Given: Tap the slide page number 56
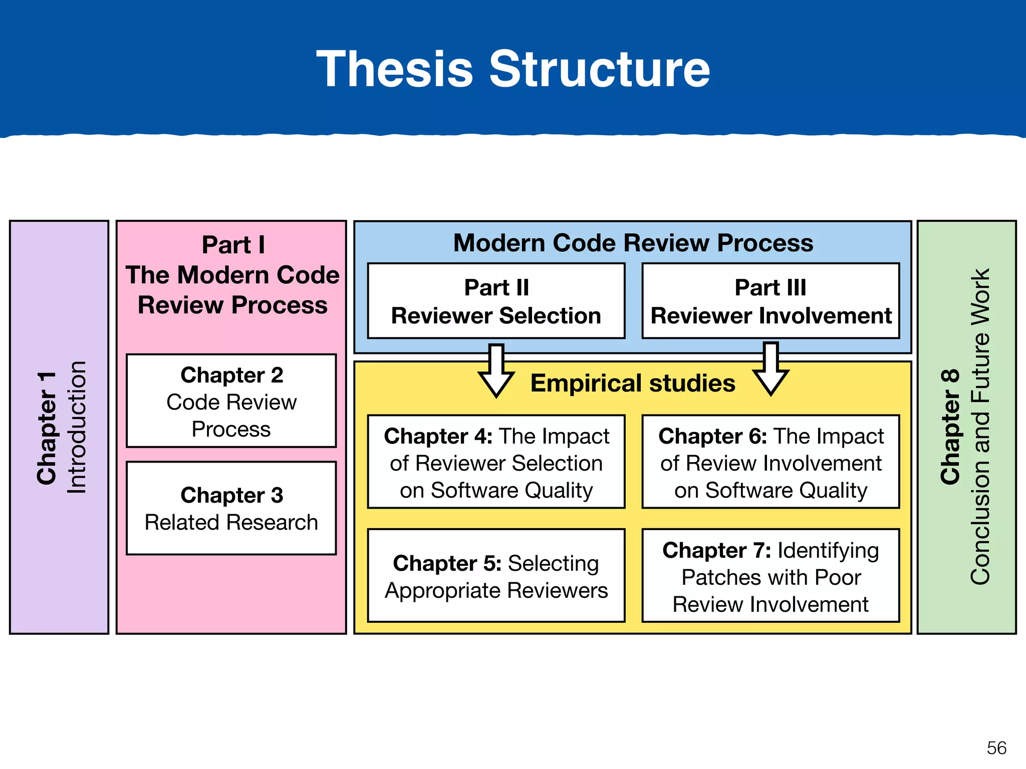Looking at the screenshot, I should (996, 748).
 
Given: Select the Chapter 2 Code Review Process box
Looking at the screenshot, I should (231, 401).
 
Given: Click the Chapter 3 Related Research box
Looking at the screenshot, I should (231, 508).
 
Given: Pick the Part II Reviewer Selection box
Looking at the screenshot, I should (496, 301).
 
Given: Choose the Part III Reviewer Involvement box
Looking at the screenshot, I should (771, 301).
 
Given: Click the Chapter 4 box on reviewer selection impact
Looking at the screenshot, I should (496, 462).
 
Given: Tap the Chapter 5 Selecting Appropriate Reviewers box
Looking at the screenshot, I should (496, 576).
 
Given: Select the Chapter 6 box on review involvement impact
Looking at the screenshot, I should (771, 462).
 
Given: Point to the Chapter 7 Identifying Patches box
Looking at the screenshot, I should (771, 576).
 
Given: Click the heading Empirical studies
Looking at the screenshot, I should (633, 383).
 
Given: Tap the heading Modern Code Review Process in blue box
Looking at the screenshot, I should (633, 243).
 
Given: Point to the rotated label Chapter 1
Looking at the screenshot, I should (47, 428).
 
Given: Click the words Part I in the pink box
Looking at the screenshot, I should (233, 245).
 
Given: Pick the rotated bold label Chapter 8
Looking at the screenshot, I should (950, 427).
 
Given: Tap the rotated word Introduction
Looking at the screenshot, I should (77, 427).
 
